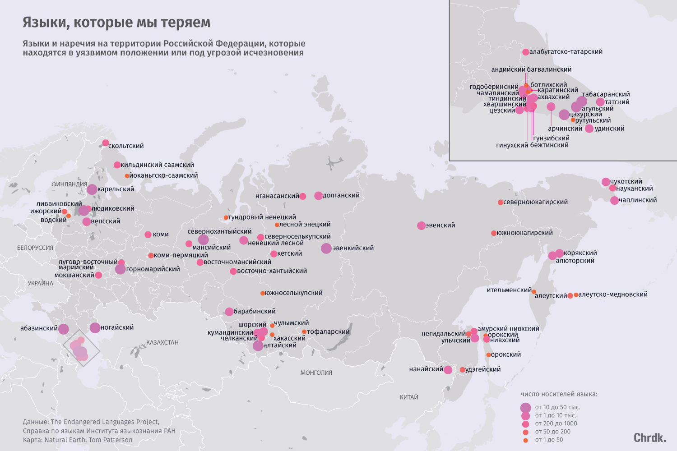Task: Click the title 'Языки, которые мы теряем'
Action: pyautogui.click(x=116, y=23)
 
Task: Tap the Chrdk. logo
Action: pyautogui.click(x=650, y=437)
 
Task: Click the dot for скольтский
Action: pyautogui.click(x=106, y=143)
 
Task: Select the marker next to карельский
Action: pyautogui.click(x=92, y=189)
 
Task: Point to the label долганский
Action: pyautogui.click(x=341, y=195)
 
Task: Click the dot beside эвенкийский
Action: pyautogui.click(x=326, y=248)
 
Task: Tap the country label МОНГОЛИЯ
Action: pyautogui.click(x=316, y=373)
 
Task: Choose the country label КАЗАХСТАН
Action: pyautogui.click(x=162, y=342)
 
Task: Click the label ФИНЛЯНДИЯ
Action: pyautogui.click(x=70, y=184)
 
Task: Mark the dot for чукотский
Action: pyautogui.click(x=606, y=182)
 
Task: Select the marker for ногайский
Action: pyautogui.click(x=95, y=327)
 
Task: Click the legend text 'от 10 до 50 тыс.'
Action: pyautogui.click(x=557, y=407)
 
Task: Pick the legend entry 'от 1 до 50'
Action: pyautogui.click(x=549, y=440)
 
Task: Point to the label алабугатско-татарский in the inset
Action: pyautogui.click(x=566, y=52)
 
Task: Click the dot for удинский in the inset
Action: pyautogui.click(x=589, y=129)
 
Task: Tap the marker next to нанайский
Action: pyautogui.click(x=448, y=370)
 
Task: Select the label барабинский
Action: pyautogui.click(x=255, y=311)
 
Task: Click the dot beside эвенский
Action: pyautogui.click(x=421, y=225)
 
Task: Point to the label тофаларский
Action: pyautogui.click(x=329, y=331)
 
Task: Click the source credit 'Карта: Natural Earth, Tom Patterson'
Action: pyautogui.click(x=78, y=440)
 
